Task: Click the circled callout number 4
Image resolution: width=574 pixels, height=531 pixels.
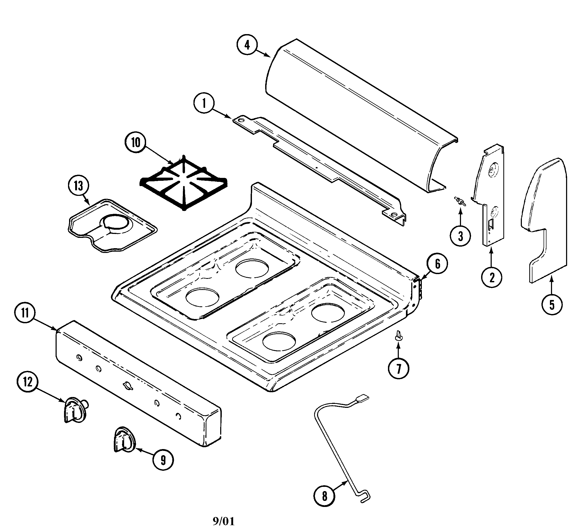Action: point(247,45)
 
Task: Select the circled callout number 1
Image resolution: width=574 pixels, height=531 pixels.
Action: point(204,103)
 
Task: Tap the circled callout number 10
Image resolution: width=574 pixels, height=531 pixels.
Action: point(135,142)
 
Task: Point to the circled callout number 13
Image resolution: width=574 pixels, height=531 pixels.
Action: point(78,186)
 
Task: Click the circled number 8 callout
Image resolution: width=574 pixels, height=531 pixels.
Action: point(324,496)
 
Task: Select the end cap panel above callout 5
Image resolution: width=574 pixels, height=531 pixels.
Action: point(544,218)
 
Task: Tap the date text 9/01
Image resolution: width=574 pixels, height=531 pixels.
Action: point(224,521)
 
